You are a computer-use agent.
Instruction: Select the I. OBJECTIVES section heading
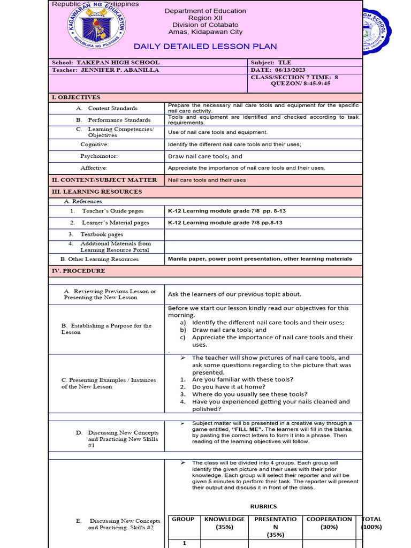point(75,97)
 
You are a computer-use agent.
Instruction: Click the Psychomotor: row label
point(99,156)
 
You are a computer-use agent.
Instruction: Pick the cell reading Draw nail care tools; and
point(205,156)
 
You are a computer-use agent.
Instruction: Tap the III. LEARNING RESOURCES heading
point(97,192)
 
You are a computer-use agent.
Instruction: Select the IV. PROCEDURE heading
point(78,271)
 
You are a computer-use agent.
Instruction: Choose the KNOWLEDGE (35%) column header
point(224,523)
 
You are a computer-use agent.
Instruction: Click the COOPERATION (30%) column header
point(329,523)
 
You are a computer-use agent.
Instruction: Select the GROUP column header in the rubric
point(183,519)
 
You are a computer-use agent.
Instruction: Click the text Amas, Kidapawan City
point(205,32)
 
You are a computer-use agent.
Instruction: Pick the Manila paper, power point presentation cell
point(260,259)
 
